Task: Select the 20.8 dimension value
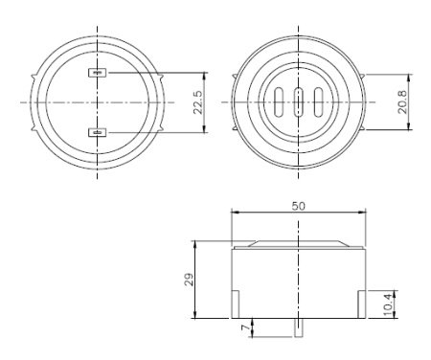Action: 405,101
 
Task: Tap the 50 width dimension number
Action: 299,206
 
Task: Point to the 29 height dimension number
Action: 190,280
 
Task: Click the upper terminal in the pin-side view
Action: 97,72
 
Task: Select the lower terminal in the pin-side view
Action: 97,132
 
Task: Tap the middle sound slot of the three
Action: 299,101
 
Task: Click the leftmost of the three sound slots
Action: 279,101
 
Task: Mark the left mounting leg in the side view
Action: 236,305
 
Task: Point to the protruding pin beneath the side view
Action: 299,326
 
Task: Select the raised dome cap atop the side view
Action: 299,243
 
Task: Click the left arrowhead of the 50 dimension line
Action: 236,214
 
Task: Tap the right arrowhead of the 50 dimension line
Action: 362,214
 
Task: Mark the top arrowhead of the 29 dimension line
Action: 196,242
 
